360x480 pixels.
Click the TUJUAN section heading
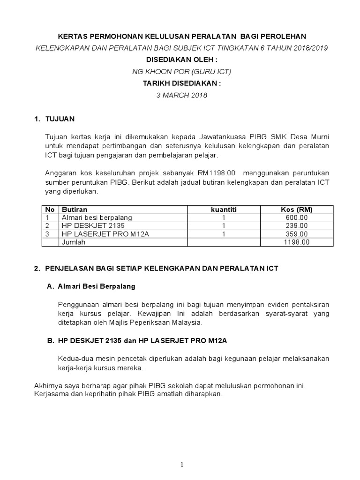pyautogui.click(x=60, y=119)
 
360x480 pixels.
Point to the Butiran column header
pyautogui.click(x=75, y=210)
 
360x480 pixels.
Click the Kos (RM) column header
pyautogui.click(x=297, y=210)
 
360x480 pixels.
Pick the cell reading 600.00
pyautogui.click(x=297, y=217)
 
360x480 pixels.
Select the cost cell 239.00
pyautogui.click(x=297, y=225)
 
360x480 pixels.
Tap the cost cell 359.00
pyautogui.click(x=297, y=234)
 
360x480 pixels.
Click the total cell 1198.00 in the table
pyautogui.click(x=297, y=242)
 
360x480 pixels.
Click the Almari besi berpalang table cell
pyautogui.click(x=97, y=217)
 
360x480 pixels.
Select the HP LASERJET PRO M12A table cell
pyautogui.click(x=105, y=234)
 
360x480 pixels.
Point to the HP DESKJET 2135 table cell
pyautogui.click(x=93, y=225)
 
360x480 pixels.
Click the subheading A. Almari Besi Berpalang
pyautogui.click(x=91, y=286)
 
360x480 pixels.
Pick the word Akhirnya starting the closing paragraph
pyautogui.click(x=49, y=386)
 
